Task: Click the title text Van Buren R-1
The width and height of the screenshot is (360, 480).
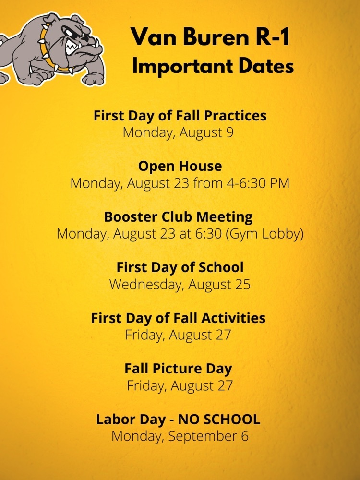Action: coord(210,37)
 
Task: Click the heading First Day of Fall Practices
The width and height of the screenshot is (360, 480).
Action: coord(180,116)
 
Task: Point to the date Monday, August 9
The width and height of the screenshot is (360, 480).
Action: coord(178,133)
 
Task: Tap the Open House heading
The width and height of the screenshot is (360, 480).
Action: coord(180,166)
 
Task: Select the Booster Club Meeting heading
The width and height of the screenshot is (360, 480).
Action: coord(179,217)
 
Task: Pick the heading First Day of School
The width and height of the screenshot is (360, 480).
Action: coord(180,267)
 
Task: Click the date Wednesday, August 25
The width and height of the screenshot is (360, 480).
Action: coord(180,285)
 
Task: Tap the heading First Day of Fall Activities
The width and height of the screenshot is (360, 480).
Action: coord(178,318)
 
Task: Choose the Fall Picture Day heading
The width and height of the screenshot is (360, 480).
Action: coord(178,369)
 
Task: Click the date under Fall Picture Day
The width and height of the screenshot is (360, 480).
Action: coord(180,386)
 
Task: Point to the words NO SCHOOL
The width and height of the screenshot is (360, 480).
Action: coord(219,420)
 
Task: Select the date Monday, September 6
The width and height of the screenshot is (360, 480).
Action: coord(180,436)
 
